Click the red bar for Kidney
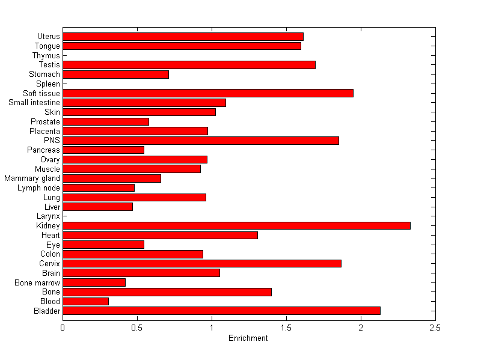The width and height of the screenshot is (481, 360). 236,225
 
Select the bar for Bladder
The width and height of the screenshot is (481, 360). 221,311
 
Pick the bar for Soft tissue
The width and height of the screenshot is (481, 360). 208,93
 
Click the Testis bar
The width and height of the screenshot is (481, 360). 189,64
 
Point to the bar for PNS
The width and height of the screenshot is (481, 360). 201,140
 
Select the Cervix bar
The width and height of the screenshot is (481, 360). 202,263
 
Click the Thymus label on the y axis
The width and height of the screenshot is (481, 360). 46,55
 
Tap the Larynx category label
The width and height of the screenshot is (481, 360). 47,216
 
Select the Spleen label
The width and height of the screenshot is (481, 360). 48,84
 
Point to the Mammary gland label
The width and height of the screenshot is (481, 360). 32,178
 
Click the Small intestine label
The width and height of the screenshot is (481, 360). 34,103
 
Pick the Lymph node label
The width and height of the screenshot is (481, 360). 39,188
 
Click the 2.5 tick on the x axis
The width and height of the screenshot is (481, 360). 435,328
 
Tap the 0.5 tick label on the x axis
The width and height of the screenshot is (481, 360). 137,328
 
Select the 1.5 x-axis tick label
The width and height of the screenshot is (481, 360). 286,328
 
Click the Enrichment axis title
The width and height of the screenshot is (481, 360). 248,338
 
